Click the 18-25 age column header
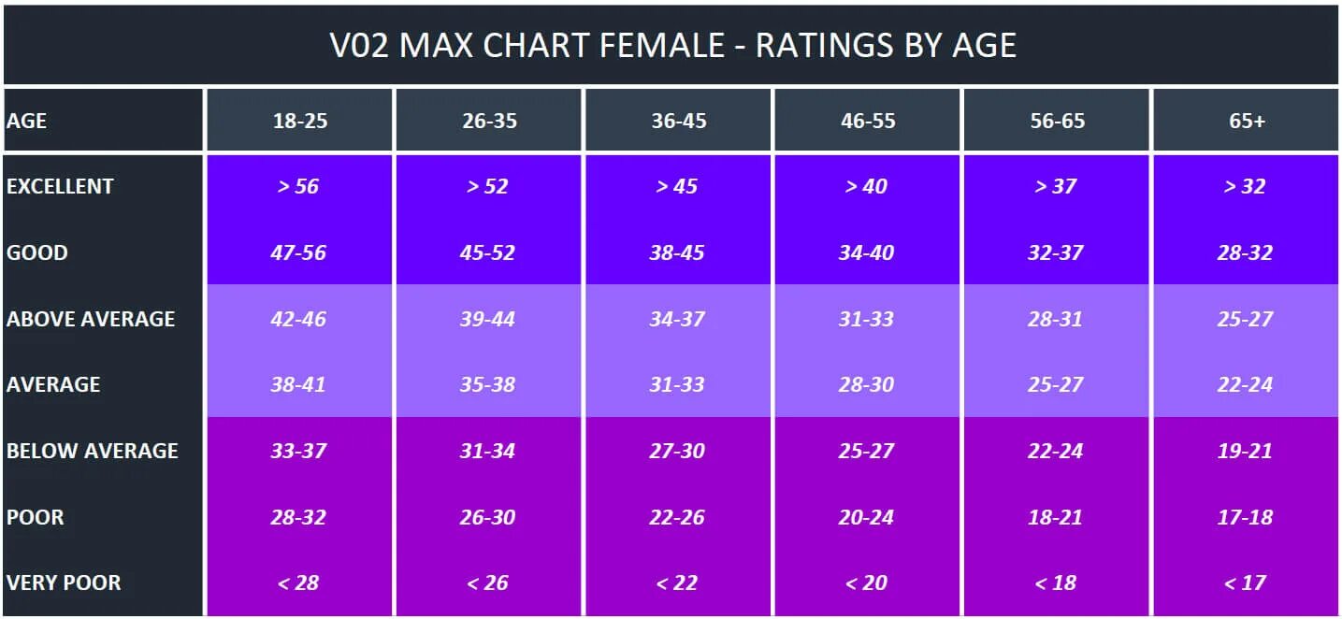pos(300,121)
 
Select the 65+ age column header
pos(1247,121)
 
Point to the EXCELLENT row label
pos(60,186)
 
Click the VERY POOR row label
pos(64,583)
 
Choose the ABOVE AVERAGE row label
pos(91,319)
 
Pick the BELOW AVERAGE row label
pos(92,451)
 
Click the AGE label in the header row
pos(26,121)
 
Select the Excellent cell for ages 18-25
pos(298,186)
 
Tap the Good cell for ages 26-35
pos(488,252)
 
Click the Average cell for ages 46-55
pos(866,384)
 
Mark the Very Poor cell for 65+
pos(1245,583)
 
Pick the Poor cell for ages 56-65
pos(1056,517)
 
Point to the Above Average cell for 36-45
pos(677,319)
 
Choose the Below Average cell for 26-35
pos(488,451)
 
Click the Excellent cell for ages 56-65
pos(1056,186)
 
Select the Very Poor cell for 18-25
pos(298,583)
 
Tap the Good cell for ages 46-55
pos(866,252)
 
